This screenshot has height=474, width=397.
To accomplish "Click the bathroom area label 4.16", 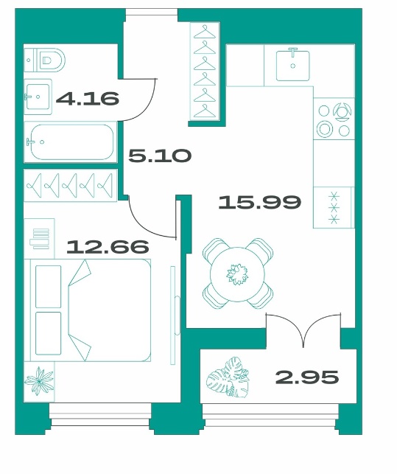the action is (88, 99).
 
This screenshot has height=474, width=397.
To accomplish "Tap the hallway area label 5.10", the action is (160, 156).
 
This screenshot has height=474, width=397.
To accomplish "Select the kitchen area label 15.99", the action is (259, 202).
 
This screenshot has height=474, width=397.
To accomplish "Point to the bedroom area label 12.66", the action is (108, 246).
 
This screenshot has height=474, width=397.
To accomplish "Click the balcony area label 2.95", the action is (307, 377).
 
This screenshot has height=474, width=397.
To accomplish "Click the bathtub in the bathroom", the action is (71, 142).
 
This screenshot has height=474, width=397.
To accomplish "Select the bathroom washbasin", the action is (38, 97).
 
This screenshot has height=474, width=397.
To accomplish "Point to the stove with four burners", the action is (334, 118).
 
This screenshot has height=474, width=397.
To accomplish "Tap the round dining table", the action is (238, 274).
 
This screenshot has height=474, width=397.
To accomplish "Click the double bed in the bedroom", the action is (88, 310).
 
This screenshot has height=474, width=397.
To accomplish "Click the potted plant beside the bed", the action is (39, 382).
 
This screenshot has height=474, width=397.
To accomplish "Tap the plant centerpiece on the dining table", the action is (237, 274).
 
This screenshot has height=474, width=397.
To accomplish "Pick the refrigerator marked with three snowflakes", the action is (334, 207).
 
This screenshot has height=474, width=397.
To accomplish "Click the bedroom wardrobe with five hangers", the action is (71, 185).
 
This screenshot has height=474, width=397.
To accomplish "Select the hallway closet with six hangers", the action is (205, 71).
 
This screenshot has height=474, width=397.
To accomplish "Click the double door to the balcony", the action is (303, 331).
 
